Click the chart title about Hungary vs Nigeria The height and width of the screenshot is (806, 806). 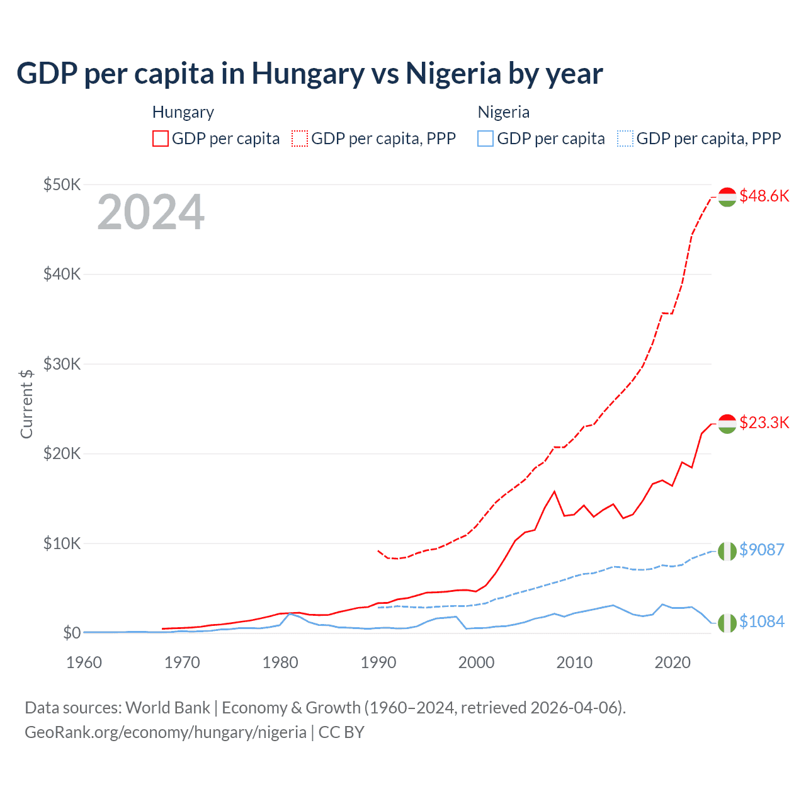click(309, 73)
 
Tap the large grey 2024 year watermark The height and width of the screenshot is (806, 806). click(150, 212)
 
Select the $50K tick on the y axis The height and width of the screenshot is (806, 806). click(62, 184)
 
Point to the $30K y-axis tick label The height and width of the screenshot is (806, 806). click(62, 364)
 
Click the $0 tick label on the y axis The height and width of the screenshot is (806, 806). click(71, 633)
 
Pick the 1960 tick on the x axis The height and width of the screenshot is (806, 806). click(84, 662)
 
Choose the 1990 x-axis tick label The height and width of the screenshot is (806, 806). click(378, 662)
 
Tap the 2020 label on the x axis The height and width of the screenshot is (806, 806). click(673, 662)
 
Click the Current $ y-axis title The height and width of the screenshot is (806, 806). click(26, 404)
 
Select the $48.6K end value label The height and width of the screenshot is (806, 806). click(764, 196)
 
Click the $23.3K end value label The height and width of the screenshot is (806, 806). click(764, 423)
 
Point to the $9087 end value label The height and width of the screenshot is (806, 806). click(761, 550)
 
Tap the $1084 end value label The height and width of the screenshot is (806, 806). click(761, 622)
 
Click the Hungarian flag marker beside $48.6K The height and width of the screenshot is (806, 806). click(727, 197)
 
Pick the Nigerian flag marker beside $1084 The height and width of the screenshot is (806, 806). click(727, 623)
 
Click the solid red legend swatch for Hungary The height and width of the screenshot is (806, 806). click(161, 139)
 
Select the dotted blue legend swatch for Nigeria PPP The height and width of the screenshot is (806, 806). click(625, 139)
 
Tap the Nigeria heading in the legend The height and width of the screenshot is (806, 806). click(503, 112)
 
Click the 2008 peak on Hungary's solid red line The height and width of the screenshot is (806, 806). click(554, 491)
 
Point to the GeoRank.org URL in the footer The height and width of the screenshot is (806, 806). click(166, 732)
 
